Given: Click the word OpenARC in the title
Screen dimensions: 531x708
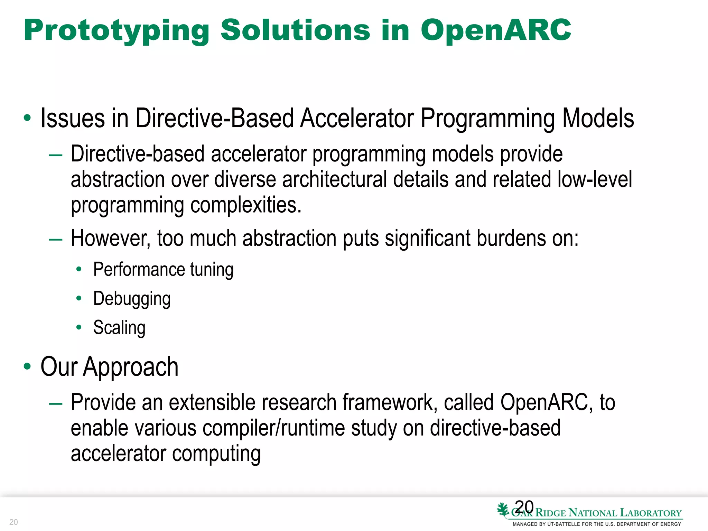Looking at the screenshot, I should (496, 30).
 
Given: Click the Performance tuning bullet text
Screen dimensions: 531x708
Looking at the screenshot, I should (163, 270).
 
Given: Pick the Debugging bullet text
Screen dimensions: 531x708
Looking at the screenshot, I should (132, 299).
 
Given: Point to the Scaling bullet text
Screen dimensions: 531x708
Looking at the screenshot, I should (119, 328).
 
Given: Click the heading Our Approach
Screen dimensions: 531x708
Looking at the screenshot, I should (109, 367).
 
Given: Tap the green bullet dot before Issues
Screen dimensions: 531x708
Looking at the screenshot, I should (27, 118).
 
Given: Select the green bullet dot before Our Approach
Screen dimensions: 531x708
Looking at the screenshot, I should (27, 366).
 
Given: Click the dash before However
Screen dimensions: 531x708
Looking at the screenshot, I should (56, 239).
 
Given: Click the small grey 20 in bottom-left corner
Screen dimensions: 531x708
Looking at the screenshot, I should (13, 522).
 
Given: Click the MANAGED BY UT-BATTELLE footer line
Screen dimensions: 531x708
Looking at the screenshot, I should (597, 524).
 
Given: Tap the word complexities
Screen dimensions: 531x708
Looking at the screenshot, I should (246, 205).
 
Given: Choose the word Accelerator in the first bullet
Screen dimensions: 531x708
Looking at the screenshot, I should (357, 119).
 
